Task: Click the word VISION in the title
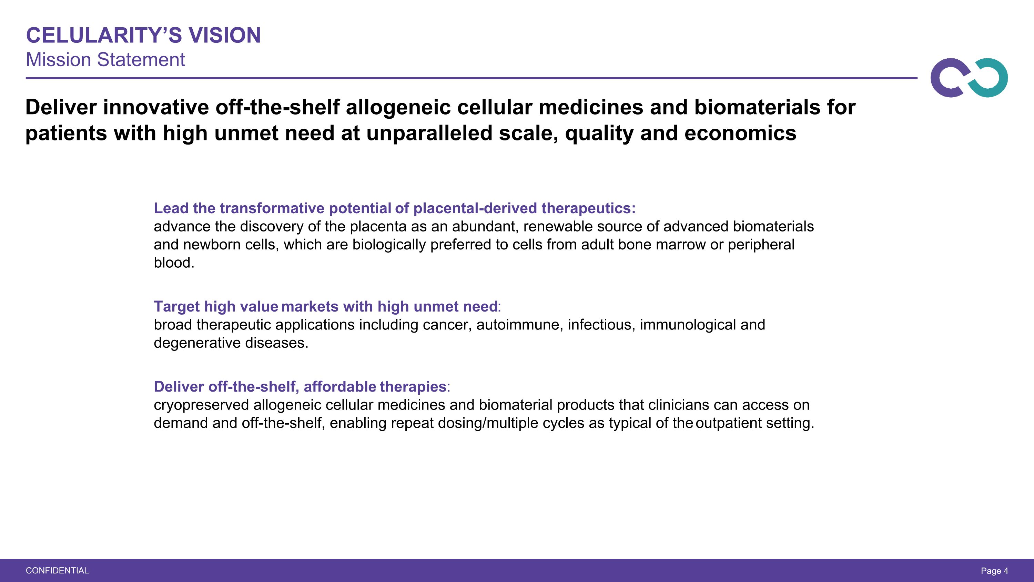225,35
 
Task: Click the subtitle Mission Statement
105,60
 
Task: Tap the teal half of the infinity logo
990,78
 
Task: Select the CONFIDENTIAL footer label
57,570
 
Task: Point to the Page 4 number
994,570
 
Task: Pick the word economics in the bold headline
740,134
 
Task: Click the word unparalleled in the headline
429,134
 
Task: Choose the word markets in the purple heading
310,306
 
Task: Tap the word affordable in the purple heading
339,386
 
